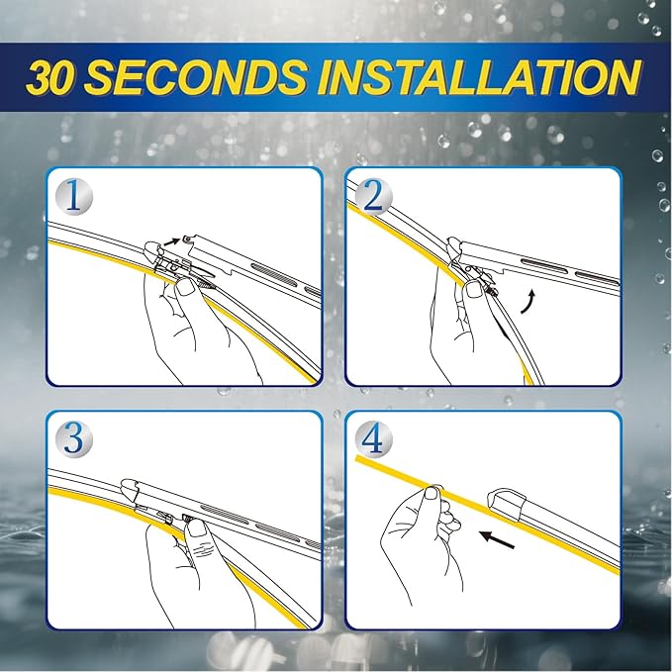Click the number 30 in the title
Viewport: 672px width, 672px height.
point(61,76)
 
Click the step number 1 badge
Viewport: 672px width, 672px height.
point(75,196)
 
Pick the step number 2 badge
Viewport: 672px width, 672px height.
point(372,196)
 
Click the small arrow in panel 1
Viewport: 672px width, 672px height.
point(174,238)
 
